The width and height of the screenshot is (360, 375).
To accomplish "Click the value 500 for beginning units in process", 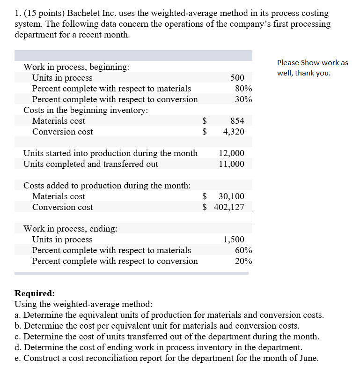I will (237, 78).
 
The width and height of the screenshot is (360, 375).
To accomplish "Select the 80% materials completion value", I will (243, 89).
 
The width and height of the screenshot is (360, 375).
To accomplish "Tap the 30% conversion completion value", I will (243, 99).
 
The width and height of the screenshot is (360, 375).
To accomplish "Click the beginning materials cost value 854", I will (237, 121).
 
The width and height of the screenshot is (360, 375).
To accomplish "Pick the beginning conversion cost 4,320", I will (234, 132).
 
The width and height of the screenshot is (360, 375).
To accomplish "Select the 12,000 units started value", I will (231, 153).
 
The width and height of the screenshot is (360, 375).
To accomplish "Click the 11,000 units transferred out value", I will (231, 164).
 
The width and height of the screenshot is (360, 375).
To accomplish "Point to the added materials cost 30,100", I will (231, 196).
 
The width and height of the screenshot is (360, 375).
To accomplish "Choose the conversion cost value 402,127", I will (229, 207).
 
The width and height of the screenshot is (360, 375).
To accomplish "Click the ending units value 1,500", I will (234, 240).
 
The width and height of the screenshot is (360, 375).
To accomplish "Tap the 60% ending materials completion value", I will (243, 250).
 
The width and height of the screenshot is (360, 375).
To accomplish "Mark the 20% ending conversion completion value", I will (243, 261).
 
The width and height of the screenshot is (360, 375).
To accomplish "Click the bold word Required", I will (35, 293).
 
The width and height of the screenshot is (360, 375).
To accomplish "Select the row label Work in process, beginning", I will (76, 67).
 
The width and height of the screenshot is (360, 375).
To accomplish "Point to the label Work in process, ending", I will (71, 229).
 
